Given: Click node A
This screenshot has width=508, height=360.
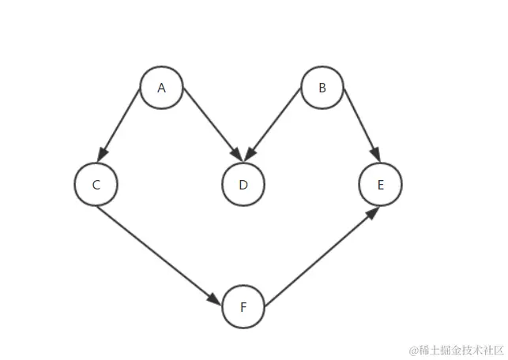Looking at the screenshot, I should point(161,88).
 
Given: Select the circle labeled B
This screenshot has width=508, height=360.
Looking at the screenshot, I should point(322,88).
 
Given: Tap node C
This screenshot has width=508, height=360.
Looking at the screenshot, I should point(96,185).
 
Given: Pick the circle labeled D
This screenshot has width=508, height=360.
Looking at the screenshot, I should point(243,185).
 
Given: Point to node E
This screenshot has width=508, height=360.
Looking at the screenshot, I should point(380,185).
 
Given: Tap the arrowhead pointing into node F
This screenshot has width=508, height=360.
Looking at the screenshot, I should point(215,299).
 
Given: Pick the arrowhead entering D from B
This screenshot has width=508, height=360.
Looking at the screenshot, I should point(253,153).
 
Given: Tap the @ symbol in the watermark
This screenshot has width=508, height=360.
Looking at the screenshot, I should point(413,348).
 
